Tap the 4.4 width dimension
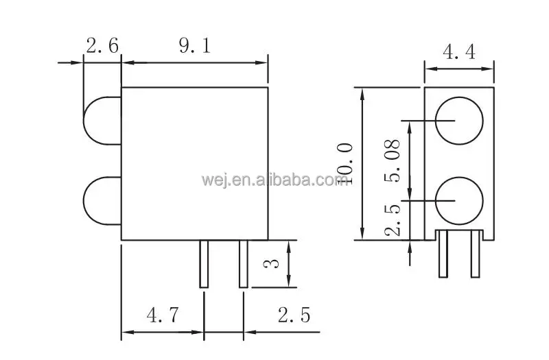click(x=459, y=51)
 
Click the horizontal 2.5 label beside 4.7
click(x=294, y=315)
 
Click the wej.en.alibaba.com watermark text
click(x=275, y=180)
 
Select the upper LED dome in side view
click(x=102, y=121)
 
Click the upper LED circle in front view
click(x=458, y=121)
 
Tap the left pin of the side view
click(x=204, y=264)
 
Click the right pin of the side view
click(x=243, y=264)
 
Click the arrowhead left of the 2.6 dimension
click(x=78, y=63)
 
